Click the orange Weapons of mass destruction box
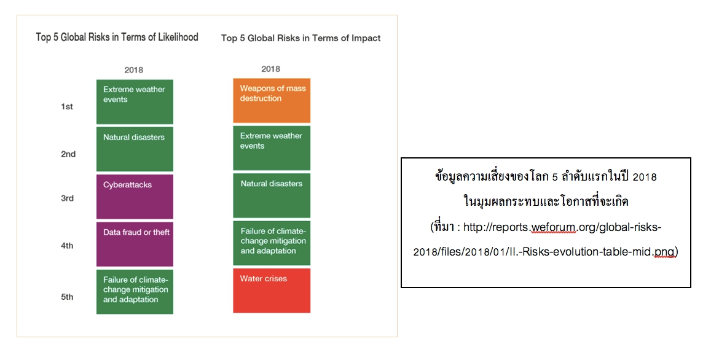pos(272,100)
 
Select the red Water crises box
pos(272,291)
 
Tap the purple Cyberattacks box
pos(135,197)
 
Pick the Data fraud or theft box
pos(135,244)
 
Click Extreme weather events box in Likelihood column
pos(135,102)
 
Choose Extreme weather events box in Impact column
pos(272,148)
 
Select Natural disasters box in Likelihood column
pos(135,149)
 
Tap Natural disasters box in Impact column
pos(272,195)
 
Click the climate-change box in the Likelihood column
pos(135,292)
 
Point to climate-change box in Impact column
pos(272,243)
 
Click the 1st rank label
pos(67,106)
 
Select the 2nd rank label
pos(68,154)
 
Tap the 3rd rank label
pos(68,198)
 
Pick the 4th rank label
pos(67,246)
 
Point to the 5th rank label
pos(67,297)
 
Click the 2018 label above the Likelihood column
pos(134,70)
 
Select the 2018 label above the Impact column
pos(270,69)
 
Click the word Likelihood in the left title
pos(178,37)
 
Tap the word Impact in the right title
pos(366,38)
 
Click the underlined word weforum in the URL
pos(553,227)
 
